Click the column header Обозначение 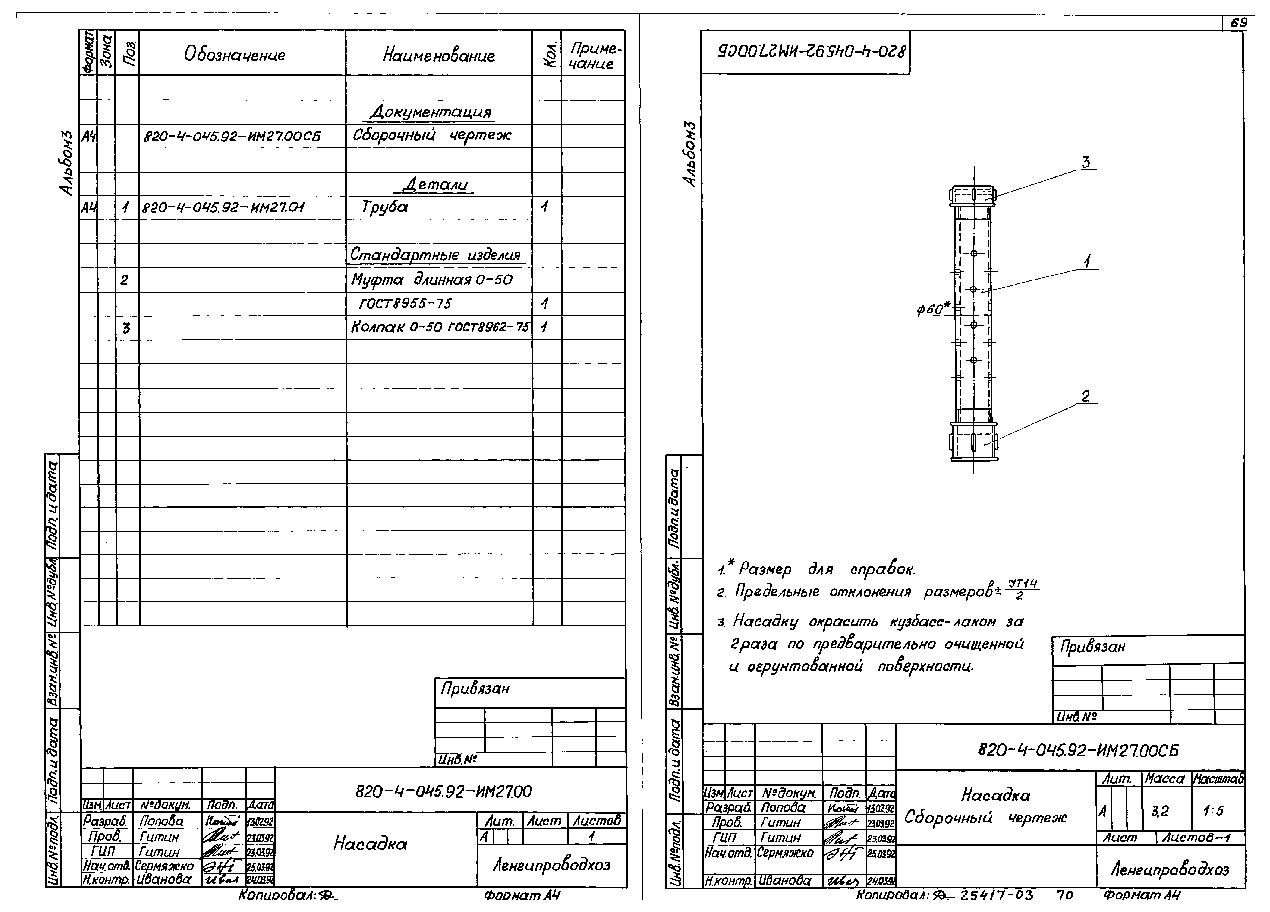tap(235, 55)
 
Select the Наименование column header tap(438, 55)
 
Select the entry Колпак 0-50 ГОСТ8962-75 tap(440, 327)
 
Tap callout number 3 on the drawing tap(1085, 163)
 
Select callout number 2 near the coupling tap(1085, 396)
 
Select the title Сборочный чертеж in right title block tap(986, 818)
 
